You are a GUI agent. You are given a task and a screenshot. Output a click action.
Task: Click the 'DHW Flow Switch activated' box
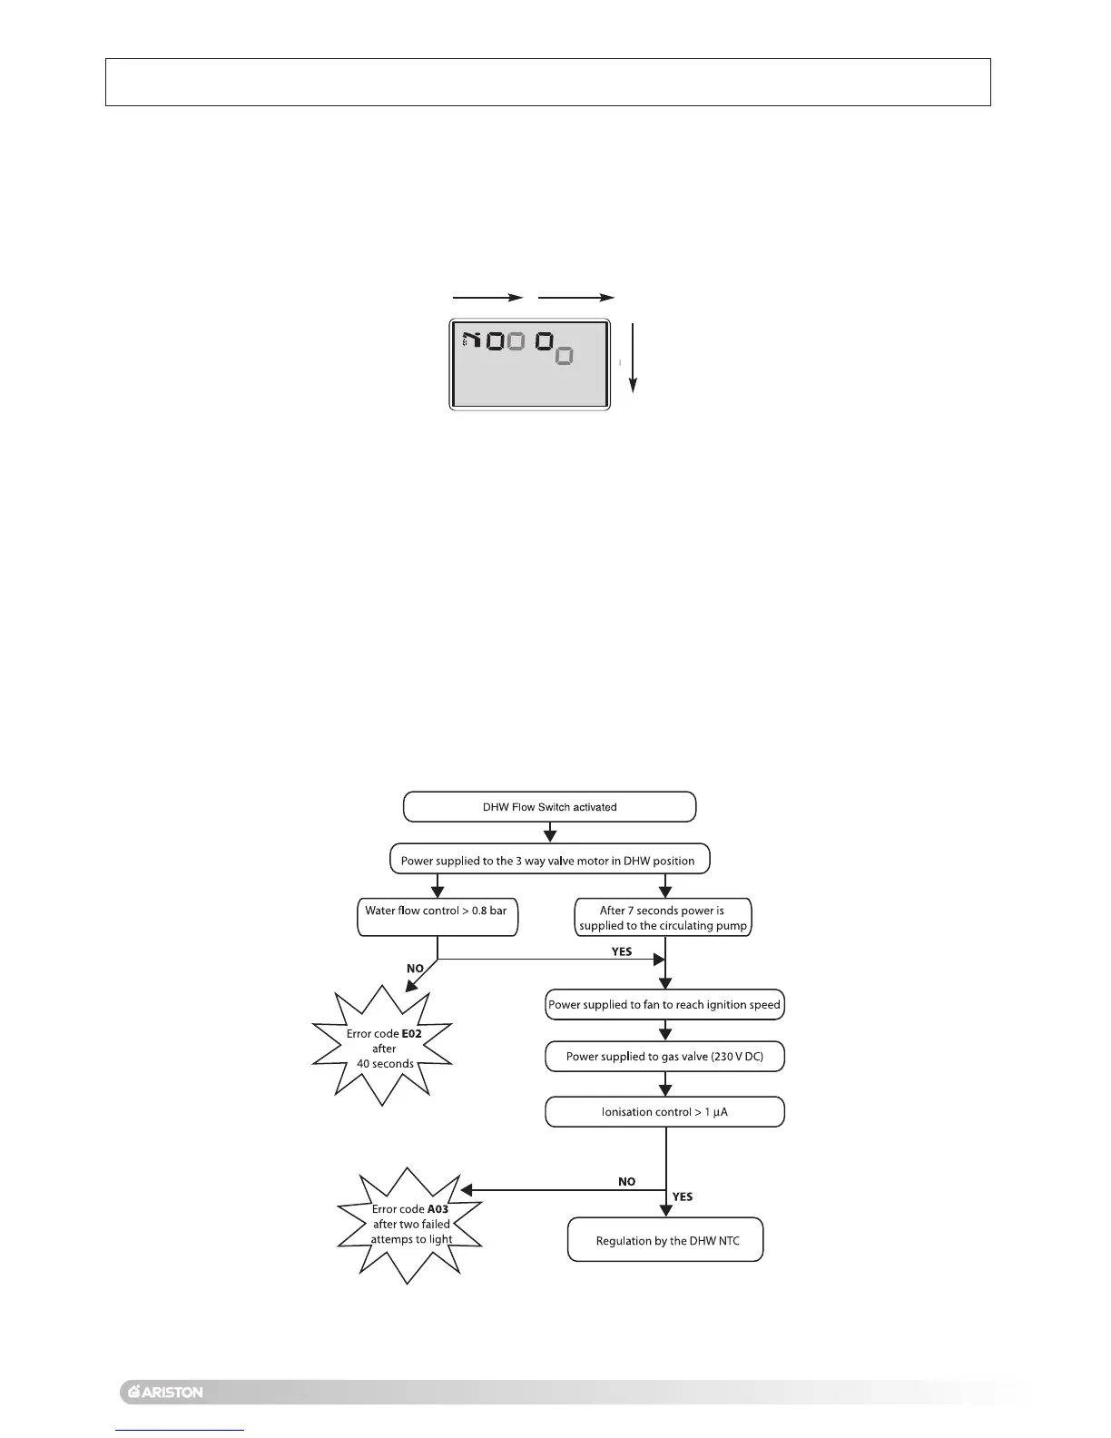point(549,807)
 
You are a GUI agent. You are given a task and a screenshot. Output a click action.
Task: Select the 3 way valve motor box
point(549,861)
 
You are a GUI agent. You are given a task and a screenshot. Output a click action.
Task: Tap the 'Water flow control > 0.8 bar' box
point(438,918)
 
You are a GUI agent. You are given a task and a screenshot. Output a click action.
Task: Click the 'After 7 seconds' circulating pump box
point(663,918)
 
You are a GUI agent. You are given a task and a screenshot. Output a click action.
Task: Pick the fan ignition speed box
point(664,1005)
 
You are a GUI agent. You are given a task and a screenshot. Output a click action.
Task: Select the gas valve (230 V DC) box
point(664,1057)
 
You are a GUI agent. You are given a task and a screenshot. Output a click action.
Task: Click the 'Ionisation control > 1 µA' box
point(664,1112)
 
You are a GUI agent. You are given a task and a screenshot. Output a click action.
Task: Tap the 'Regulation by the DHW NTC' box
point(666,1240)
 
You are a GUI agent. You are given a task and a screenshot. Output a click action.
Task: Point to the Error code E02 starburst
point(383,1048)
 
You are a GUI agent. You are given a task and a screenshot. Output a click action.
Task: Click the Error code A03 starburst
point(410,1224)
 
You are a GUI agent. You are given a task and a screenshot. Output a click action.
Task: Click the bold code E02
point(411,1033)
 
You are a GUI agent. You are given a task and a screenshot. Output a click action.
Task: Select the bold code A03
point(438,1209)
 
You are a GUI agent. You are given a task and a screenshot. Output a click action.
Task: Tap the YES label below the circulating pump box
point(622,951)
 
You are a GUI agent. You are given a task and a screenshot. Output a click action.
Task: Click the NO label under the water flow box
point(415,969)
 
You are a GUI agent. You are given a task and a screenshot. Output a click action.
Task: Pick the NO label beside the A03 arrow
point(626,1182)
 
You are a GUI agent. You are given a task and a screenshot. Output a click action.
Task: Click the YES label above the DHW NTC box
point(683,1197)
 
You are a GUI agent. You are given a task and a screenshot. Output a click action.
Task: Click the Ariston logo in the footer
point(163,1392)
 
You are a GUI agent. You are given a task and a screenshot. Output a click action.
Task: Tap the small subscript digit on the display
point(564,356)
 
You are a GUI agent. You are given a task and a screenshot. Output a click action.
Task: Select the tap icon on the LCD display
point(470,341)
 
